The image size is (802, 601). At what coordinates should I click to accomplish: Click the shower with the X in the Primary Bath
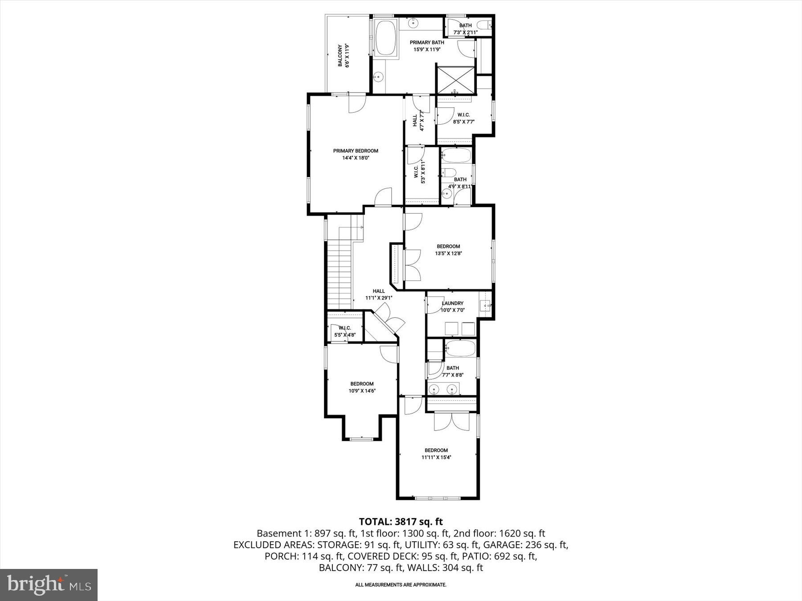click(455, 81)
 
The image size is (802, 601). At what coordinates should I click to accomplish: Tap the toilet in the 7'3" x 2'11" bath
click(483, 25)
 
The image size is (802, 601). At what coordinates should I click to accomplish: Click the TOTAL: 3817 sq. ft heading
click(401, 521)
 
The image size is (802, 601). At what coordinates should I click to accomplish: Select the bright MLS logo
click(49, 584)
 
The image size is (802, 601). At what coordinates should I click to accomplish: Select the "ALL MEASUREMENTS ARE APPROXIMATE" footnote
click(401, 585)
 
